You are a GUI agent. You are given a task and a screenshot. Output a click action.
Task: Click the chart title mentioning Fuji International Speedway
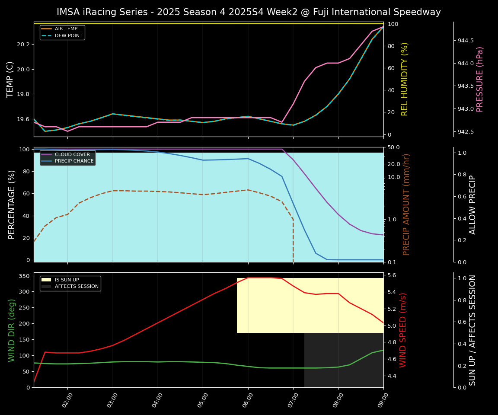249,12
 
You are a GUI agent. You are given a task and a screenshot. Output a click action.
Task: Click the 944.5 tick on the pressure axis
466,41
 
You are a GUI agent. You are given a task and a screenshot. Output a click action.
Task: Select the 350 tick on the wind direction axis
24,276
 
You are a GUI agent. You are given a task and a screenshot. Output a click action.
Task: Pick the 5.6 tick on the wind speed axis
392,275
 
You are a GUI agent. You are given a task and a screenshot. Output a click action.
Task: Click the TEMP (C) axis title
10,79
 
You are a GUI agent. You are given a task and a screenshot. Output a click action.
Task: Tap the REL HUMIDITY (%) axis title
405,79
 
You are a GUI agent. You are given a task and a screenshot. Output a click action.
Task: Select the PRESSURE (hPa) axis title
480,79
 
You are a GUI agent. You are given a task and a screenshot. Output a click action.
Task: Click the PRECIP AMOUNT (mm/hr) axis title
406,204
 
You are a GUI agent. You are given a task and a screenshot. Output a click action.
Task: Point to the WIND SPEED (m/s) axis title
403,330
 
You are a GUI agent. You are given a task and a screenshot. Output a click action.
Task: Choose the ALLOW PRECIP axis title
472,204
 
